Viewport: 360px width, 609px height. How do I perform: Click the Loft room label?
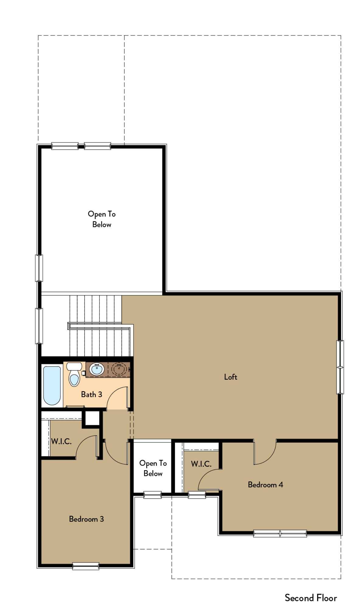point(230,377)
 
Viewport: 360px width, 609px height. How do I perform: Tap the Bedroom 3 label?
point(86,519)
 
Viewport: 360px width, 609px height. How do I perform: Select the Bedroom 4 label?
point(265,484)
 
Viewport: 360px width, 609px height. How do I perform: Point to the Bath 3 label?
point(91,394)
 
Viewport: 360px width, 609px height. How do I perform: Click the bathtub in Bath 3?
point(52,385)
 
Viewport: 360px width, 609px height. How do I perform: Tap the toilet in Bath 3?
point(74,374)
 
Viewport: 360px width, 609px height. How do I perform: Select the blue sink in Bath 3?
point(97,369)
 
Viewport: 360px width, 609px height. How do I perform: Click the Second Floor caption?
point(311,598)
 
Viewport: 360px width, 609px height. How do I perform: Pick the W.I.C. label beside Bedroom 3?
point(61,442)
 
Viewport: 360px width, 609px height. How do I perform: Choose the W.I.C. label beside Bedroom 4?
point(201,464)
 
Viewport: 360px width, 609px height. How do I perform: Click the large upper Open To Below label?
point(102,219)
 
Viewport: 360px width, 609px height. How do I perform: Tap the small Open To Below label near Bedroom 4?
point(153,468)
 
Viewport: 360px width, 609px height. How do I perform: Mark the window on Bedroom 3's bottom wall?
point(86,566)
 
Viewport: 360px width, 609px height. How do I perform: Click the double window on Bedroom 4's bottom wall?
point(280,533)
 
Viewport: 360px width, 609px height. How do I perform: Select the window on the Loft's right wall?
point(340,367)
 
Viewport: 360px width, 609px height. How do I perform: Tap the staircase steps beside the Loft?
point(100,325)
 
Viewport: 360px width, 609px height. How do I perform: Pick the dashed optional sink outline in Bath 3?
point(119,369)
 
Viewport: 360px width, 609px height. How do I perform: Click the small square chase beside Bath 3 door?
point(92,418)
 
